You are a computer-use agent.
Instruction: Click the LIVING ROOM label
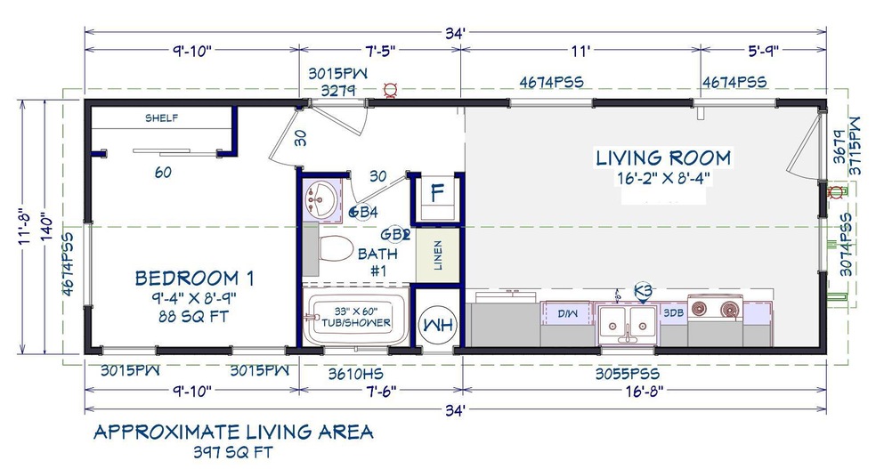[663, 158]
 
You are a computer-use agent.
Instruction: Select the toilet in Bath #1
[336, 247]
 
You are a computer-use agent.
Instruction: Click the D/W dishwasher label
[567, 314]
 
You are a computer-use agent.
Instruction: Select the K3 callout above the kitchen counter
[643, 290]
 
